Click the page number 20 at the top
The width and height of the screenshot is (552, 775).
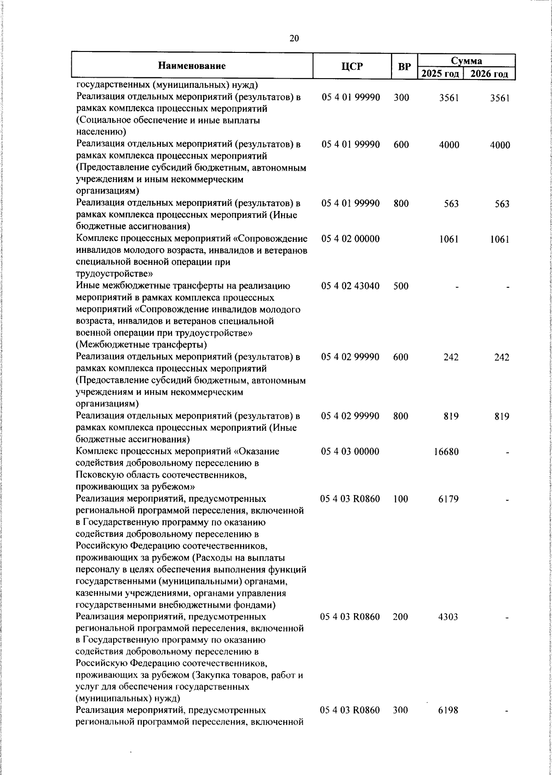tap(294, 38)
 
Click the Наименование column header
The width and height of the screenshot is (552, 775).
tap(192, 66)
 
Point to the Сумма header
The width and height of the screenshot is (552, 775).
tap(466, 61)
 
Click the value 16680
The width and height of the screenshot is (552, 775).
tap(446, 452)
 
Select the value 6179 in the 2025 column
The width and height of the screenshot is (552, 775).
tap(448, 499)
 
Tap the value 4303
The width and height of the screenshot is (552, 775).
tap(448, 617)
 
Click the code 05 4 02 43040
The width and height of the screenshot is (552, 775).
tap(351, 286)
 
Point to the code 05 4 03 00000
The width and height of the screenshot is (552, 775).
tap(351, 452)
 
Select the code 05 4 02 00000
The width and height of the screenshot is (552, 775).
tap(351, 239)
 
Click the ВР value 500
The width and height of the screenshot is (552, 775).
tap(401, 286)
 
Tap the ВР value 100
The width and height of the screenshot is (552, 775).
tap(401, 499)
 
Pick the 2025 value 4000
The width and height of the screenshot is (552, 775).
tap(449, 145)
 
